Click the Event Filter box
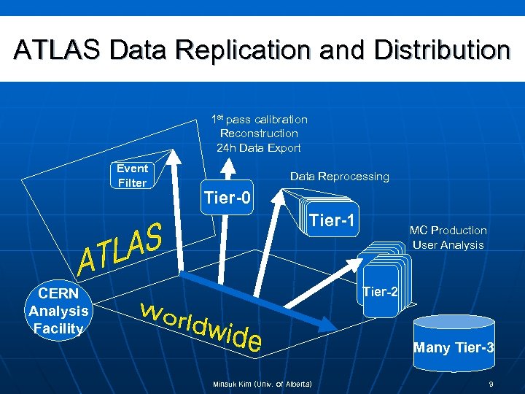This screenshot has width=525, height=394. (x=132, y=175)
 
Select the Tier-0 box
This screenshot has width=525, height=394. (x=227, y=198)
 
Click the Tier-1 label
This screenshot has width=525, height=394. (x=333, y=220)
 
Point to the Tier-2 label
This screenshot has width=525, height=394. (x=380, y=292)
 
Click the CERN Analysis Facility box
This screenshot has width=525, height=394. (x=58, y=311)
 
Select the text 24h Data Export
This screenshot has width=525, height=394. (x=258, y=148)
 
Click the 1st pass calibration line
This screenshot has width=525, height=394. (x=259, y=119)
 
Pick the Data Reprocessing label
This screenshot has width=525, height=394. (x=340, y=177)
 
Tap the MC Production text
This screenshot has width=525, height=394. (x=448, y=231)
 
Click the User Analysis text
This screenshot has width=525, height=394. (x=448, y=245)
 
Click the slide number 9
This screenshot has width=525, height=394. (x=491, y=384)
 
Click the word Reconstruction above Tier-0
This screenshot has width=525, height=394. (x=259, y=134)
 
